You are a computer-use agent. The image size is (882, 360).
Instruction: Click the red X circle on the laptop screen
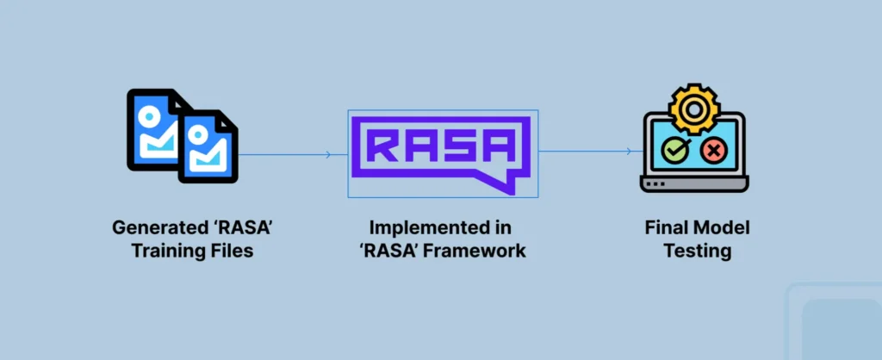(714, 152)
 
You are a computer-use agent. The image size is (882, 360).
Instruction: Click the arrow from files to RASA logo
(293, 155)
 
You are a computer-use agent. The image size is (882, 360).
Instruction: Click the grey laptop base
(693, 184)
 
